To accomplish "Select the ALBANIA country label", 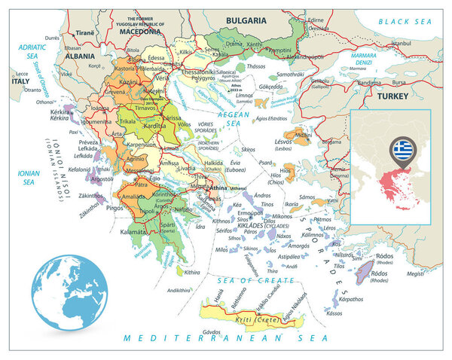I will click(x=79, y=55).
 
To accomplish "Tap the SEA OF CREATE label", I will click(x=245, y=280).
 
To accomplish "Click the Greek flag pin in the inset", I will click(x=399, y=148).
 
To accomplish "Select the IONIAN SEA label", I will click(x=28, y=177).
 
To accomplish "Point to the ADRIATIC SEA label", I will click(x=28, y=50).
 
